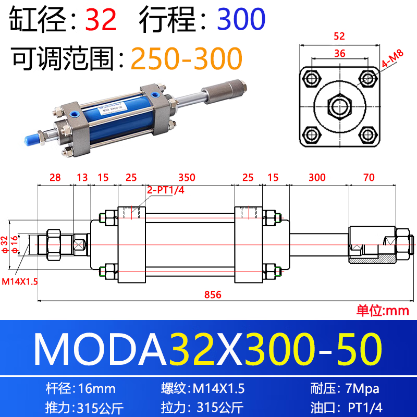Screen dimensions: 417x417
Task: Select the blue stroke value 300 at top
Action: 241,19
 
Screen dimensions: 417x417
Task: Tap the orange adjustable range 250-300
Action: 186,58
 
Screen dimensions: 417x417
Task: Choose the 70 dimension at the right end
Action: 369,178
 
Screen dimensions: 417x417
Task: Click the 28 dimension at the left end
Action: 55,178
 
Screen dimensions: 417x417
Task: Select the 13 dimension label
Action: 82,178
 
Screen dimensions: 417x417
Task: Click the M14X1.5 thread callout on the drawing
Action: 20,281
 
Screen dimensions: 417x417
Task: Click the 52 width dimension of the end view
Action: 339,36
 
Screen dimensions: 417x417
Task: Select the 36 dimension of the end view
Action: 339,53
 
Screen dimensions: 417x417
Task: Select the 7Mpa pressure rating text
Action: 363,388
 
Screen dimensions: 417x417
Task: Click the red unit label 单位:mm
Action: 383,311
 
